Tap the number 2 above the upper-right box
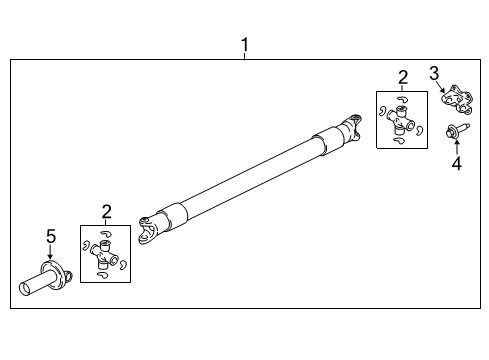click(x=402, y=77)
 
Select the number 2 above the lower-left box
click(x=107, y=210)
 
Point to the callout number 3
click(x=434, y=71)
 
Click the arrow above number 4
click(x=456, y=145)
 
